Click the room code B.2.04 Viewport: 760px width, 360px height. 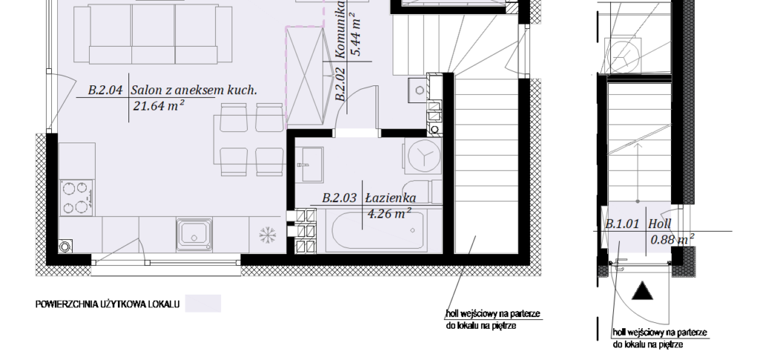[105, 90]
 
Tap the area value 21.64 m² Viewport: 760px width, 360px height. [159, 105]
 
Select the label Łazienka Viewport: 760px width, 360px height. [390, 197]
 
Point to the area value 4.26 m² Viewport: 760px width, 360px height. [390, 213]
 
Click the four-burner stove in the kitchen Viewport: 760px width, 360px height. [76, 197]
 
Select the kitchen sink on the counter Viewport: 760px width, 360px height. [194, 234]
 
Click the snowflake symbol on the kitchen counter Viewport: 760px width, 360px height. [267, 235]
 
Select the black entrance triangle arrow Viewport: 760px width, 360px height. [643, 291]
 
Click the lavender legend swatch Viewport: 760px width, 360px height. [203, 304]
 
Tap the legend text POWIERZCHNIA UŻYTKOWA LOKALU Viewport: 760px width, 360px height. [107, 304]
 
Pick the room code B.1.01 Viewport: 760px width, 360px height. [623, 224]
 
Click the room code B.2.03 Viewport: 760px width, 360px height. [339, 197]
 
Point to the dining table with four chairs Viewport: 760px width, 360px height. [249, 139]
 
